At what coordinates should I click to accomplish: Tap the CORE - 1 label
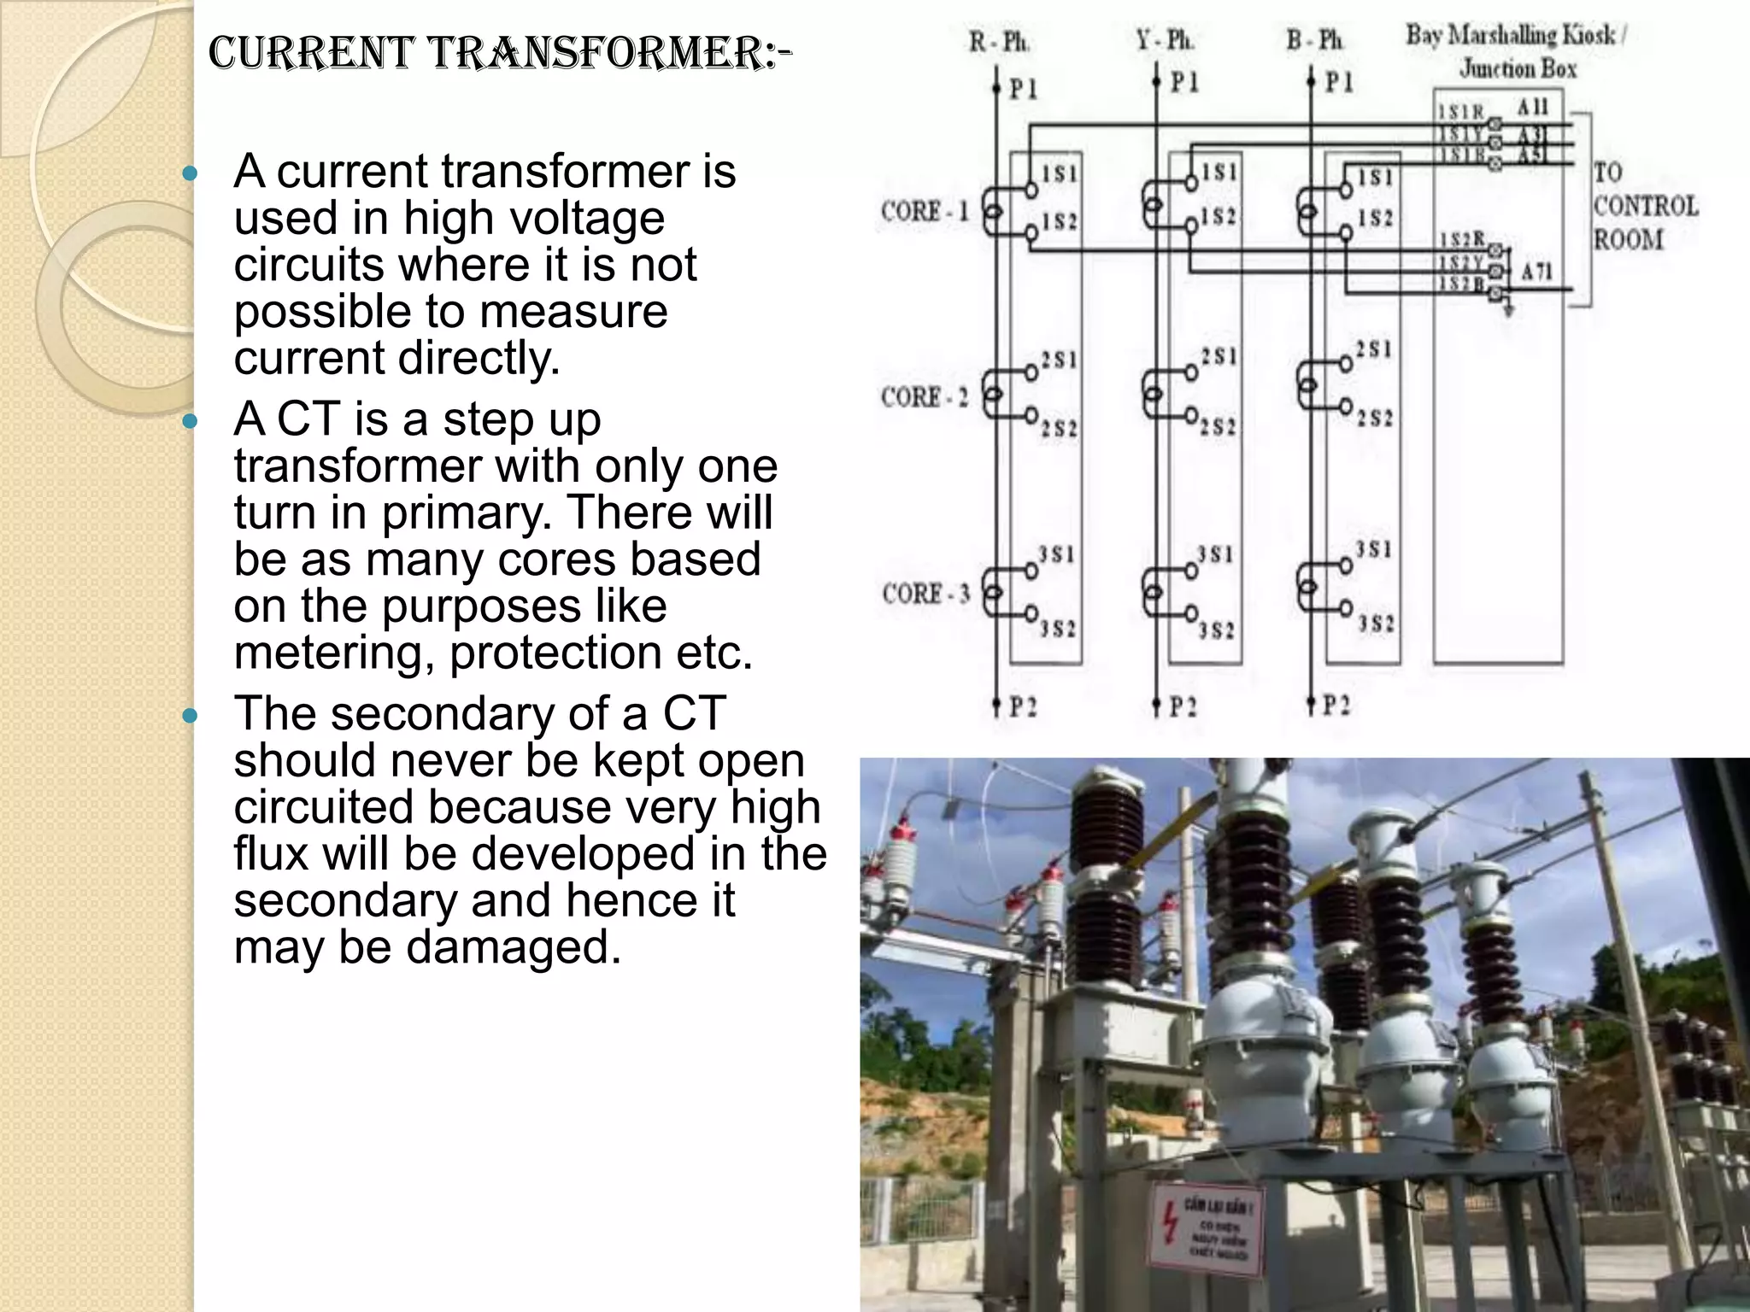point(925,211)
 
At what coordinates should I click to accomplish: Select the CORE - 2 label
point(925,397)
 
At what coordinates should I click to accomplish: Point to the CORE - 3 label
point(926,593)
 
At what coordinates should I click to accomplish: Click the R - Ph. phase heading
point(998,42)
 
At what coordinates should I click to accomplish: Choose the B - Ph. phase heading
point(1315,40)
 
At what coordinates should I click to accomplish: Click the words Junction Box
point(1518,68)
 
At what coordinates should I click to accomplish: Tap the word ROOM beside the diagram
point(1628,239)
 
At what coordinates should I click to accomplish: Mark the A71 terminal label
point(1536,272)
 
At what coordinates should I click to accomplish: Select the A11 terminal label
point(1532,107)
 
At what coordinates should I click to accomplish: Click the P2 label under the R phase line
point(1023,707)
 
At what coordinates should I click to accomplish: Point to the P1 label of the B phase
point(1339,82)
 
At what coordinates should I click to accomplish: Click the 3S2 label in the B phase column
point(1376,624)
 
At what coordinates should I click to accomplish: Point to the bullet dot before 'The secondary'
point(191,715)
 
